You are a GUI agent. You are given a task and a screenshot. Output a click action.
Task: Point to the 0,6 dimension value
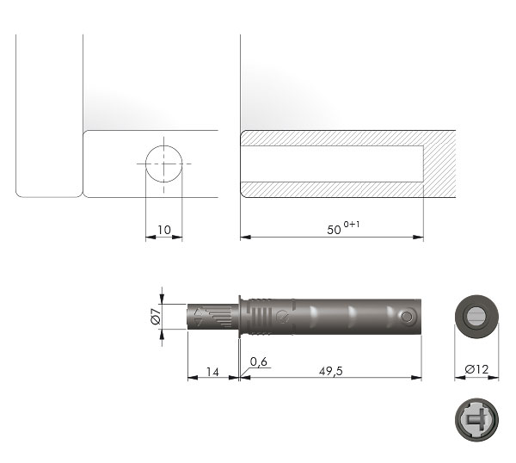click(x=259, y=361)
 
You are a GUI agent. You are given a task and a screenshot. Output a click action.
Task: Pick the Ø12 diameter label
click(x=476, y=370)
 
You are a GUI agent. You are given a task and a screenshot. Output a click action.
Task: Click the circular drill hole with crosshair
click(x=163, y=163)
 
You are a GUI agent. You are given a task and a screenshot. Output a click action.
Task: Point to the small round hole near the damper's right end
click(x=408, y=318)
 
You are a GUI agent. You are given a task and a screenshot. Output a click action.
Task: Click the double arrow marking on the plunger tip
click(x=202, y=317)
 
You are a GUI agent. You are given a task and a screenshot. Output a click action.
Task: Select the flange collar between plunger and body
click(x=241, y=317)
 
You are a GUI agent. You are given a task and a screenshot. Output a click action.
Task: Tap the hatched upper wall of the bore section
click(x=335, y=138)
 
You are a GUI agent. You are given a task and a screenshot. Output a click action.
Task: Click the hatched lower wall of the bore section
click(x=335, y=188)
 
